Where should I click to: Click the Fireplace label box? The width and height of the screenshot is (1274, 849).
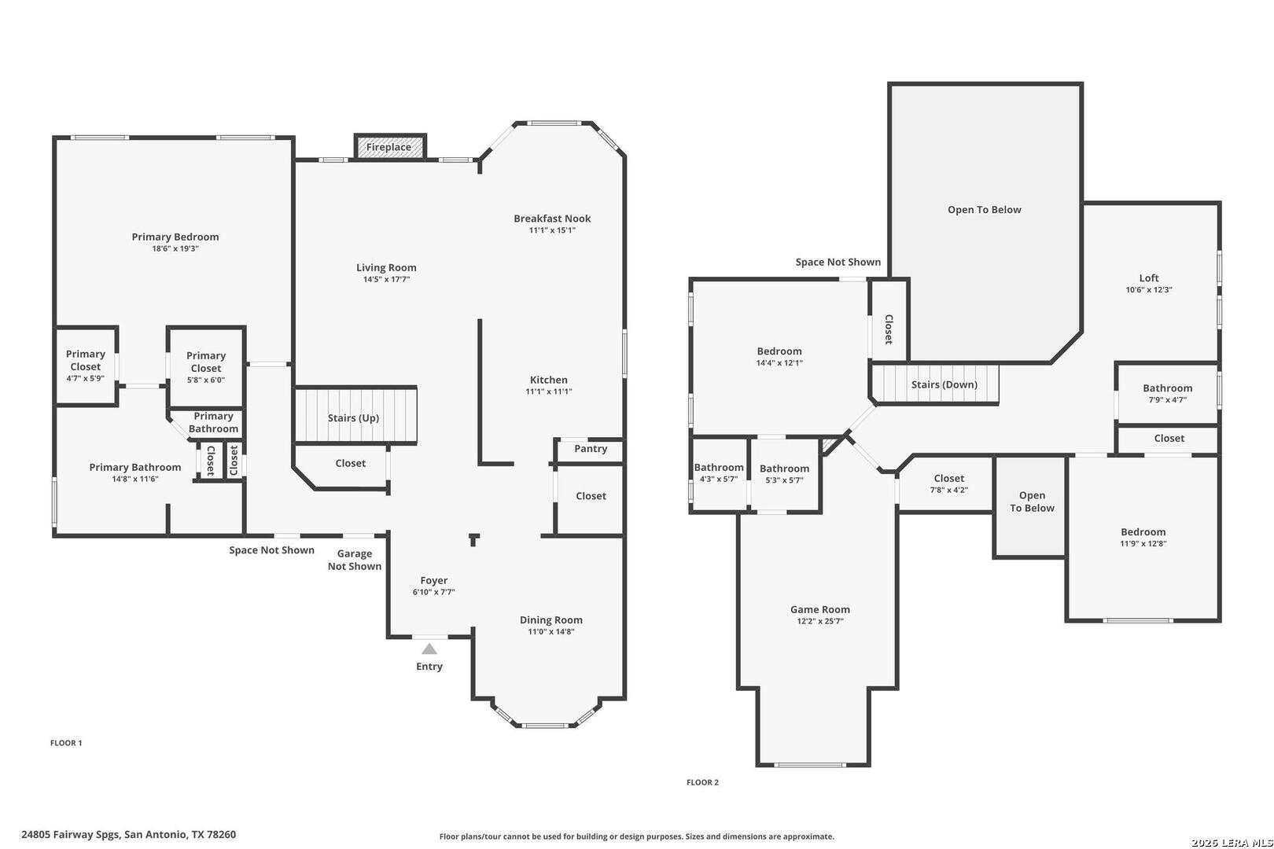[390, 147]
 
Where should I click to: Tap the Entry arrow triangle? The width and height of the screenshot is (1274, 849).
[429, 649]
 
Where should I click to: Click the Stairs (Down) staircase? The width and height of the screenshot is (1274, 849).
[936, 384]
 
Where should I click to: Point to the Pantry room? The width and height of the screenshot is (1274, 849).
[591, 451]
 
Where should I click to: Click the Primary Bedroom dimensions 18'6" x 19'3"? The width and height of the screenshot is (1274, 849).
[175, 248]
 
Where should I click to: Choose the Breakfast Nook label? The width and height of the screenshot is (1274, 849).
[552, 219]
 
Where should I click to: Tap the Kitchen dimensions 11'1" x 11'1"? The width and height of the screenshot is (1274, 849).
[549, 391]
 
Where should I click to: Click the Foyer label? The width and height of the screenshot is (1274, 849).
[434, 580]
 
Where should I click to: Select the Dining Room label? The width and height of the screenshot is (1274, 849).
[551, 619]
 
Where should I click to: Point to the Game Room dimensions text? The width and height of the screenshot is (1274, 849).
[820, 621]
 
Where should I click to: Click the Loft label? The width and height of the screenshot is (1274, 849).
[1149, 278]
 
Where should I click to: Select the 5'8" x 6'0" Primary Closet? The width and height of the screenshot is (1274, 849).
[206, 367]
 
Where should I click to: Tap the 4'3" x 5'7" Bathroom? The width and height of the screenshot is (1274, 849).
[719, 475]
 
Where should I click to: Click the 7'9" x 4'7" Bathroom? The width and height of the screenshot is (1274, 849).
[1167, 394]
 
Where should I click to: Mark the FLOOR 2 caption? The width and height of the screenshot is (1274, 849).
[702, 782]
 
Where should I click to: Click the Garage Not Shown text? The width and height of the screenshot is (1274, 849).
[355, 560]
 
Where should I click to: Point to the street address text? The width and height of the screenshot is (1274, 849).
[128, 835]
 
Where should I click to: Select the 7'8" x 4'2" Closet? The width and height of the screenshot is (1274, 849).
[946, 484]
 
